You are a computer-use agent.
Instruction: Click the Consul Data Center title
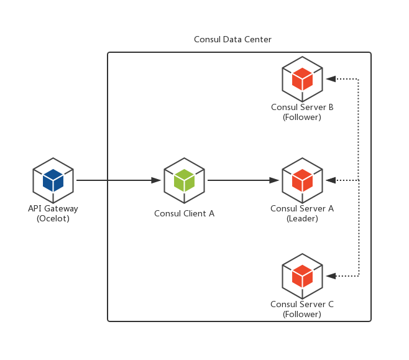232,40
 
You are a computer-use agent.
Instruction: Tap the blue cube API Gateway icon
53,180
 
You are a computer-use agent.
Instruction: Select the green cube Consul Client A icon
184,180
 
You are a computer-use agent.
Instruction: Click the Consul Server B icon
302,79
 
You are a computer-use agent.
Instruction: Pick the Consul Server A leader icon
302,180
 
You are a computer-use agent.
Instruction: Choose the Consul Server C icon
302,275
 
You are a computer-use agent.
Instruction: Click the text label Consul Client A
184,214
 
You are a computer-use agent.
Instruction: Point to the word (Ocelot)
53,219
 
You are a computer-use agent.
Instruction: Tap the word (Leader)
302,219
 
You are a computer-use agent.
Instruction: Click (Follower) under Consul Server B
302,117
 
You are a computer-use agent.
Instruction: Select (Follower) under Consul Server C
302,315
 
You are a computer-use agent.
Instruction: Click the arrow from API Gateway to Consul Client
118,180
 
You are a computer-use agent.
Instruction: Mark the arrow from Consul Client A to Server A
242,180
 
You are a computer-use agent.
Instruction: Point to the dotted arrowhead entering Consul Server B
331,79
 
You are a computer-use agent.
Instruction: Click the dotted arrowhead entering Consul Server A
331,180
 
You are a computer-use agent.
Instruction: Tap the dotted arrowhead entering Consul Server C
331,275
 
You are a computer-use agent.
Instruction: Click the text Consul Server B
302,107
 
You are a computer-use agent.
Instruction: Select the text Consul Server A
302,209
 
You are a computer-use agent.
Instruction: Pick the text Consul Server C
302,305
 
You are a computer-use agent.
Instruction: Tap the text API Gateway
53,209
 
